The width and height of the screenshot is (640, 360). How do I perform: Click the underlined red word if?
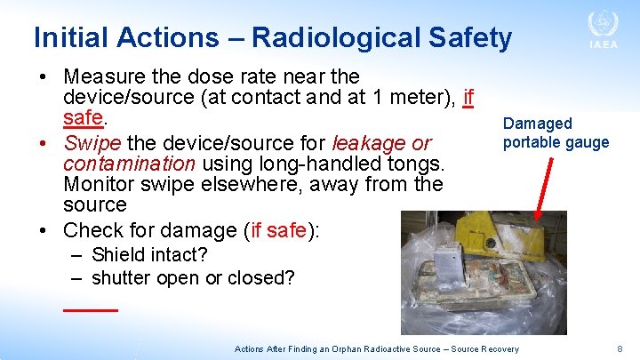pyautogui.click(x=468, y=97)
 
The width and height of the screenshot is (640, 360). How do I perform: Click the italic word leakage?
pyautogui.click(x=369, y=142)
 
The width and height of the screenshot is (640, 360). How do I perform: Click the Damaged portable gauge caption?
pyautogui.click(x=556, y=133)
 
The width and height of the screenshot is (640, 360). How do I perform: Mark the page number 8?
pyautogui.click(x=620, y=349)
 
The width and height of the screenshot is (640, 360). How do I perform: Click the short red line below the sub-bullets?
pyautogui.click(x=91, y=308)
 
